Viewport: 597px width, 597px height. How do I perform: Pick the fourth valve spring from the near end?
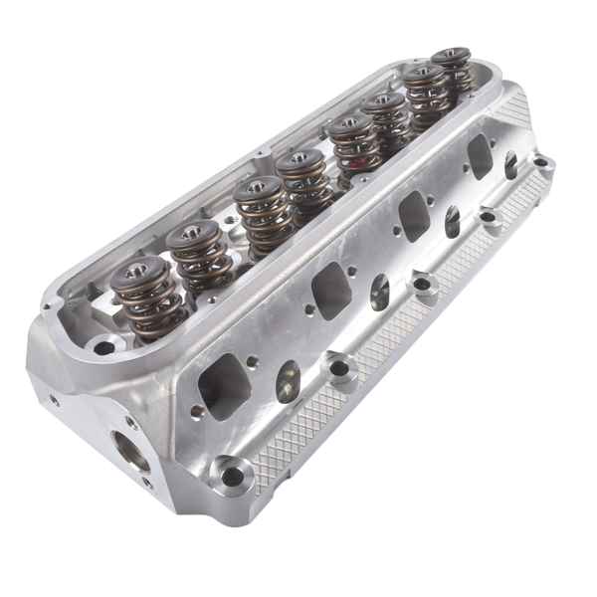(x=302, y=162)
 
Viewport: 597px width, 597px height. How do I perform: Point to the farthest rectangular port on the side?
(x=480, y=156)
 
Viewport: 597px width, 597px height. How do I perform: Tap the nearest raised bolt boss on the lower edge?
(x=232, y=476)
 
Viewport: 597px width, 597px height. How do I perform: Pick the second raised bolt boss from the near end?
(x=342, y=369)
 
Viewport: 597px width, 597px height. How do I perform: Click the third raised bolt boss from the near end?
(x=425, y=288)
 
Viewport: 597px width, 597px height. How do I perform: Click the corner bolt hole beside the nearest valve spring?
(x=103, y=347)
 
